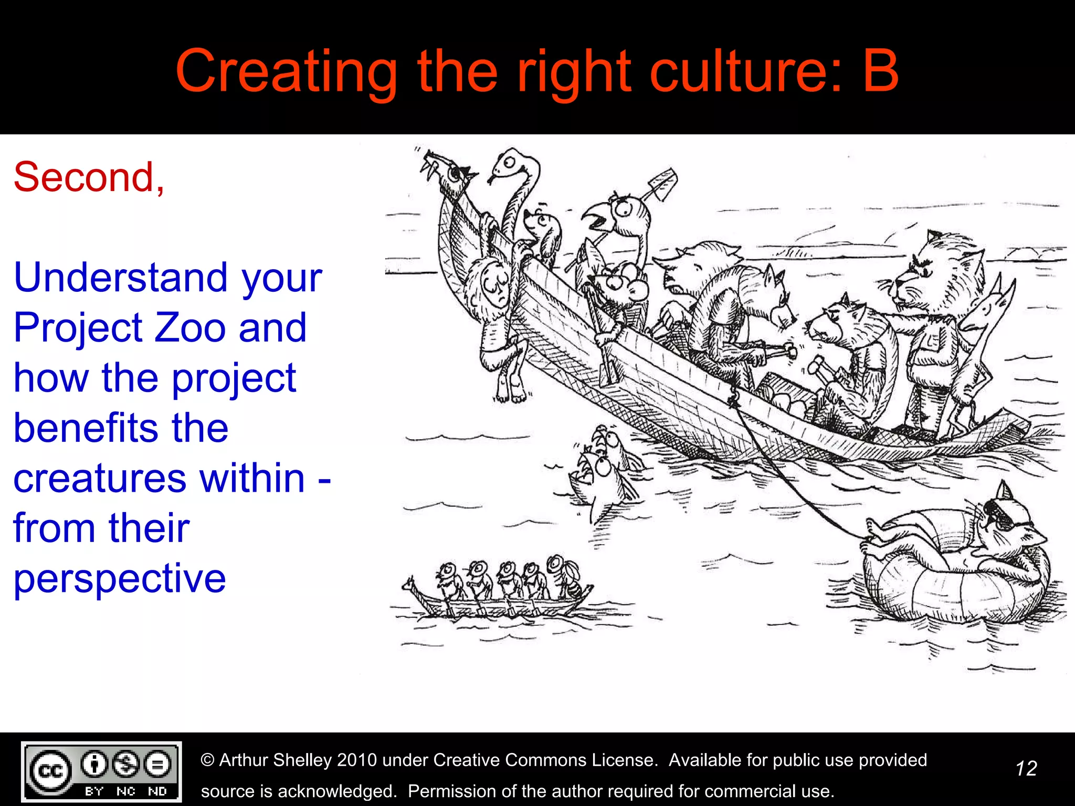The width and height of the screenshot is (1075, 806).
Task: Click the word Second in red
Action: click(84, 177)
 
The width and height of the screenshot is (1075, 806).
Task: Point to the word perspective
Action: click(120, 579)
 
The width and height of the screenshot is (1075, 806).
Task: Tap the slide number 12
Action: click(1026, 769)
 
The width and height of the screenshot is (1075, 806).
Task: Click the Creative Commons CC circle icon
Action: click(50, 771)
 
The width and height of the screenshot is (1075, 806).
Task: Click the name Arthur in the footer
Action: click(249, 760)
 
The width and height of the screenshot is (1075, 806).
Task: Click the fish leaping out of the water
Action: click(604, 472)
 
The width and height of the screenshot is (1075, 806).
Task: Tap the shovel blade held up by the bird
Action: click(662, 184)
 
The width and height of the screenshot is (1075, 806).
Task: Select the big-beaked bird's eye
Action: click(625, 209)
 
